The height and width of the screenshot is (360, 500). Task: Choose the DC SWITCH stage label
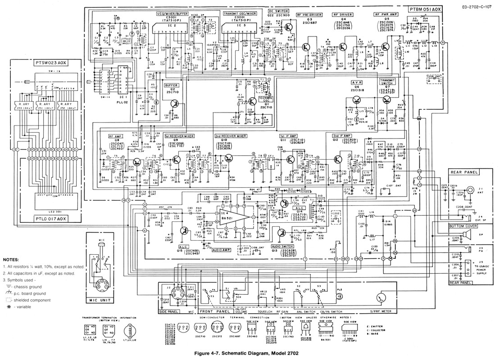(278, 10)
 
